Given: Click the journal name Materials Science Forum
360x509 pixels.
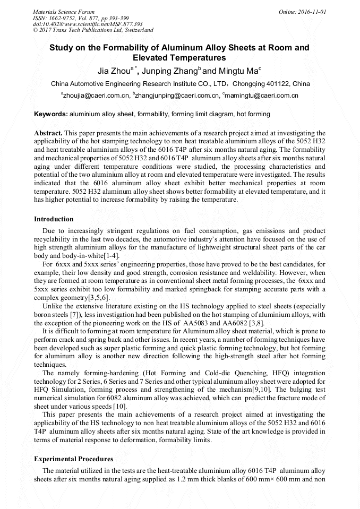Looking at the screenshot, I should click(x=64, y=11).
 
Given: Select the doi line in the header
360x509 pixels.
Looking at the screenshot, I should click(x=88, y=24).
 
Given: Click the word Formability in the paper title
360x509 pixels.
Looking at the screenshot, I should click(x=119, y=48).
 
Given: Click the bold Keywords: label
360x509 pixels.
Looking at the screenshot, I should click(x=51, y=114).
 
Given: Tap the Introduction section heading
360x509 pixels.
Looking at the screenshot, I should click(x=54, y=219).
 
